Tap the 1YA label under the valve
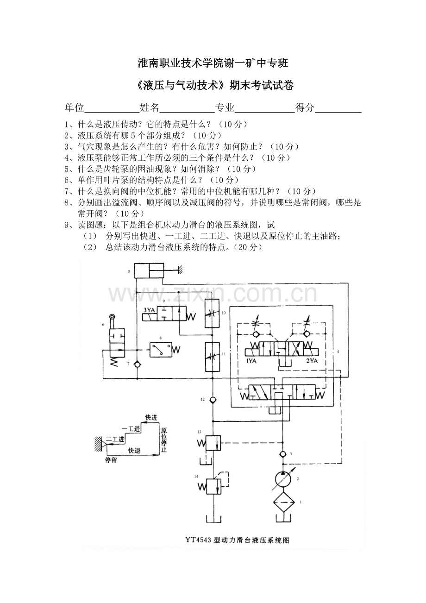(x=252, y=361)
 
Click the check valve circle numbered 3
(x=283, y=454)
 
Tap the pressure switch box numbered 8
(x=160, y=349)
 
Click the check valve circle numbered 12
(x=213, y=399)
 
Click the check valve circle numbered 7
(x=137, y=365)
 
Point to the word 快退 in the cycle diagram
(x=134, y=450)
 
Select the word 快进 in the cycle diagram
(x=151, y=417)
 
